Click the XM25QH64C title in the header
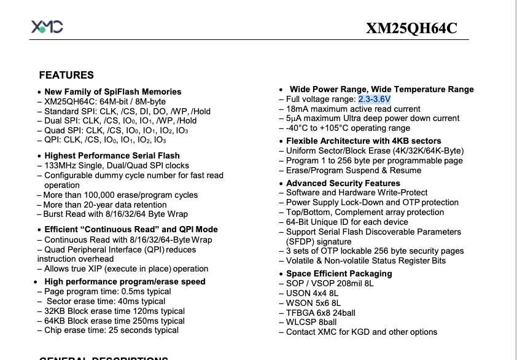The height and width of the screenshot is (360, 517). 411,28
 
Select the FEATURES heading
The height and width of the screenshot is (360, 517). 66,76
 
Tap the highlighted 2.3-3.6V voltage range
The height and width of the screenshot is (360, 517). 375,99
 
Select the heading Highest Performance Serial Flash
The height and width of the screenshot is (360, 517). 112,155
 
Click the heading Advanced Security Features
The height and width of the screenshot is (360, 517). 343,183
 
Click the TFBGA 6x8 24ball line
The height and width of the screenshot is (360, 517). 321,312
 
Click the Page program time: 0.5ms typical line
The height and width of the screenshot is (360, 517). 108,291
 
